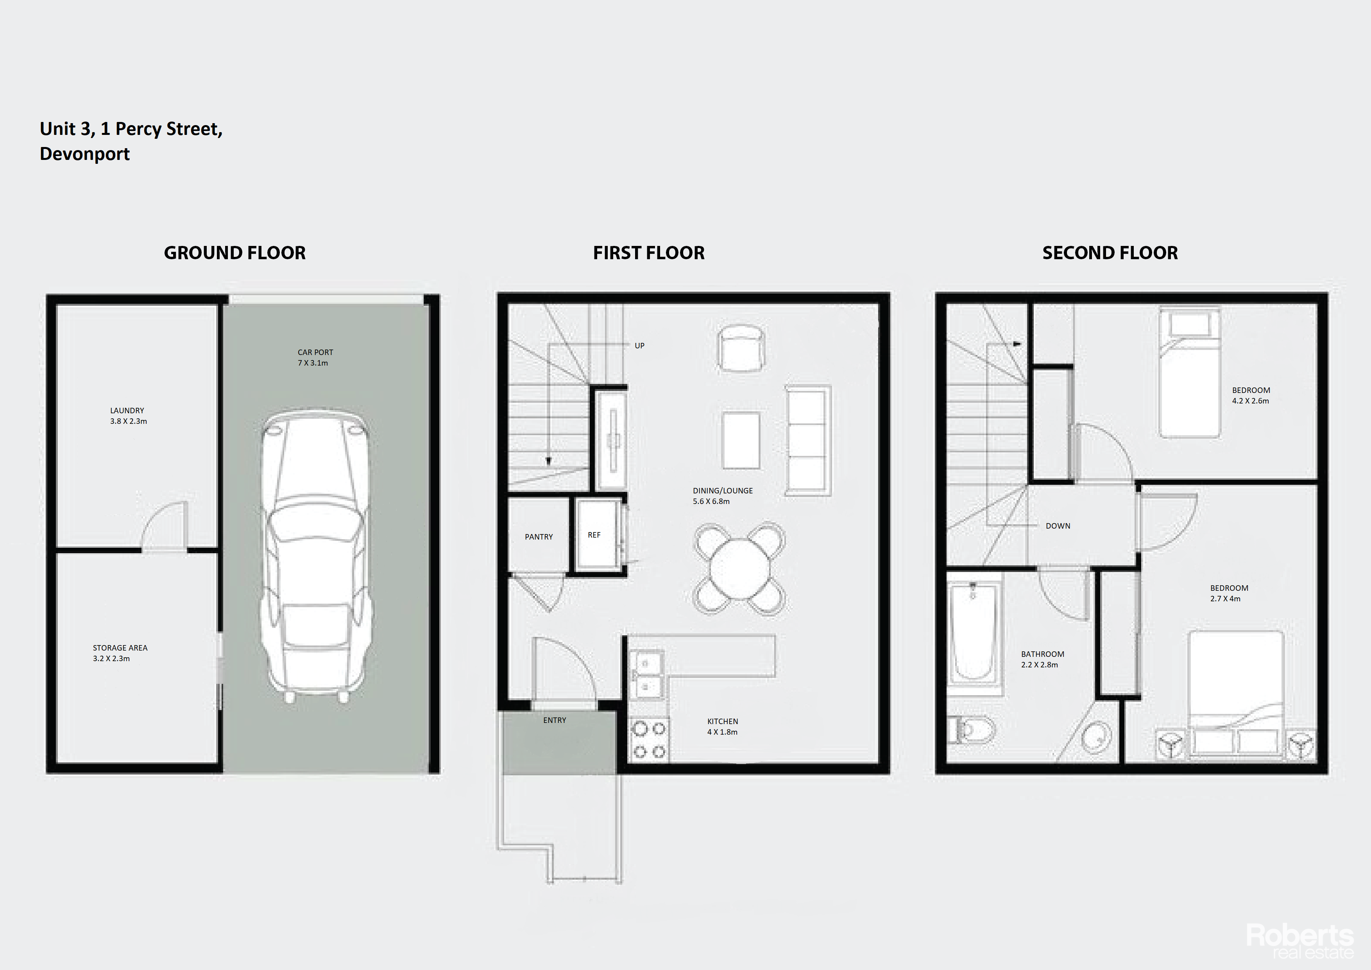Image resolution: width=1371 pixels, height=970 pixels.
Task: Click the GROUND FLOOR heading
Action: [234, 253]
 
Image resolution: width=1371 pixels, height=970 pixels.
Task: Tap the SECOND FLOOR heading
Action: [1110, 253]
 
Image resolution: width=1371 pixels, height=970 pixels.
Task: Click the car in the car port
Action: [316, 556]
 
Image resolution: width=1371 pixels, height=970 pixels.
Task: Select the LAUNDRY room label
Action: [127, 411]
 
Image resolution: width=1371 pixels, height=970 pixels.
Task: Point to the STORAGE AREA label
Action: [120, 647]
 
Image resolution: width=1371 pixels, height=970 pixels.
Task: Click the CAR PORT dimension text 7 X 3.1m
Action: [313, 362]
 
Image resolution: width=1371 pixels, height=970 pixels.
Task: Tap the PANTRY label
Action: [539, 536]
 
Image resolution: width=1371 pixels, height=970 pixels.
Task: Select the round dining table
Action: [739, 568]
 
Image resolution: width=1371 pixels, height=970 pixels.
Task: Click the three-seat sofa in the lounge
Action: [808, 441]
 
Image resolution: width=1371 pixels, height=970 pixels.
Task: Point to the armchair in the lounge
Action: [741, 348]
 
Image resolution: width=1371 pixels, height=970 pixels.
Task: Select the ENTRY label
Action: [555, 720]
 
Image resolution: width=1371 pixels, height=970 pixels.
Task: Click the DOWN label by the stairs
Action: [1058, 525]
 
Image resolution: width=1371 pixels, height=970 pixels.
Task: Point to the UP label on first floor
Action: [639, 345]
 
